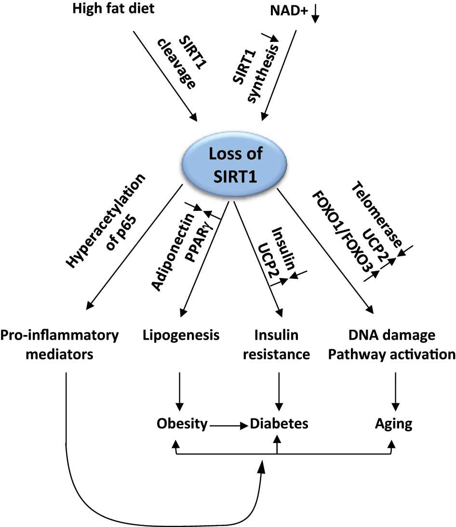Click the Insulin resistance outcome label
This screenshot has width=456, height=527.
[x=277, y=345]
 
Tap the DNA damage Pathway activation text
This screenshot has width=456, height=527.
[x=394, y=345]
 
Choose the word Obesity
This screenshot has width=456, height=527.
[x=182, y=425]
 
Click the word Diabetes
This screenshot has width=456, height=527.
[x=279, y=425]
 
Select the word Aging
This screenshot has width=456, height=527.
[x=394, y=425]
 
